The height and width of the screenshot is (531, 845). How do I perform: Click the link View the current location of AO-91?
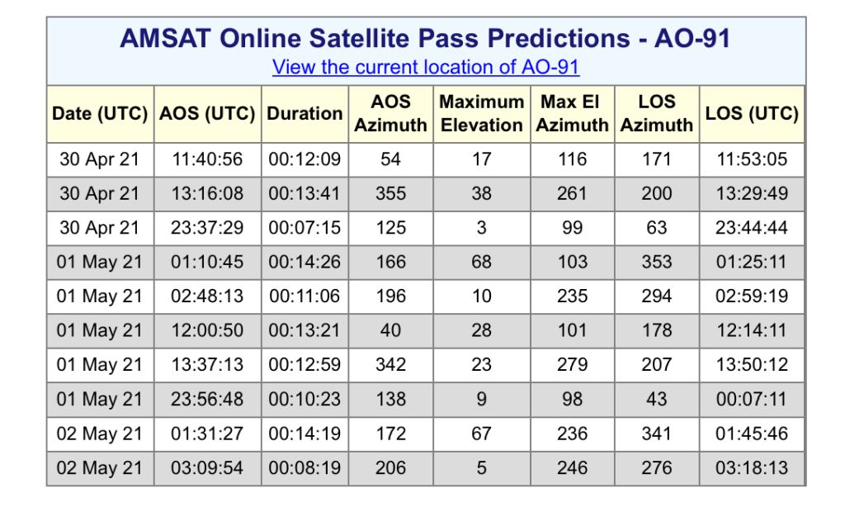click(426, 67)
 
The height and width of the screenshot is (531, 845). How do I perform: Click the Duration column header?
click(304, 113)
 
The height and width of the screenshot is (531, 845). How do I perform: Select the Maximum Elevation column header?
click(482, 113)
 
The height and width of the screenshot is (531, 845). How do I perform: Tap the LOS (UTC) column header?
click(752, 113)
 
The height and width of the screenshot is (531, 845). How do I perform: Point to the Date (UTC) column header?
click(100, 113)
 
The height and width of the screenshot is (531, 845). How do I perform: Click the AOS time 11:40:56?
click(207, 159)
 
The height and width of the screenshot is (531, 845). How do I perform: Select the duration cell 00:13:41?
click(304, 193)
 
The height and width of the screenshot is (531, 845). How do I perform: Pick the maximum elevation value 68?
click(481, 262)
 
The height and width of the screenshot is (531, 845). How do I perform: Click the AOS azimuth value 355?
click(390, 193)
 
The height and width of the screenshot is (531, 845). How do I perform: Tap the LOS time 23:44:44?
click(752, 227)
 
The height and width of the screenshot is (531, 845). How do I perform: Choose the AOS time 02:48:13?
click(207, 296)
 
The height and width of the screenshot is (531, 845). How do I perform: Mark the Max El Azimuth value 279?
click(573, 364)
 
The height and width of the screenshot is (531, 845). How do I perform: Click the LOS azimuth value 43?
click(656, 399)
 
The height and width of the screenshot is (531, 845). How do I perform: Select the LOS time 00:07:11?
click(752, 399)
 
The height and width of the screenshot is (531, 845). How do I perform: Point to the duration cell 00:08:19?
click(304, 467)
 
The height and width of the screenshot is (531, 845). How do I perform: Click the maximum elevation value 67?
click(481, 434)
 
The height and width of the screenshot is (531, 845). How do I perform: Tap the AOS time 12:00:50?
click(207, 330)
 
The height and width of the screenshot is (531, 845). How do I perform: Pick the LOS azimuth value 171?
click(656, 159)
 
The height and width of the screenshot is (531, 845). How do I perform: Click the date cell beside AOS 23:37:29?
click(100, 227)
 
